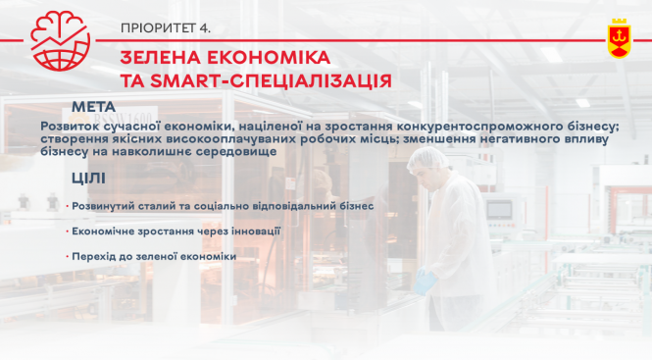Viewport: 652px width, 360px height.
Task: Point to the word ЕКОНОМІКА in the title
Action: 268,58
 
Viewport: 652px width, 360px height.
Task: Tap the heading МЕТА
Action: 94,106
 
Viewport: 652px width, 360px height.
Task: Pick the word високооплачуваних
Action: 211,140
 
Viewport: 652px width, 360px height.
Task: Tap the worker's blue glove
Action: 424,282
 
